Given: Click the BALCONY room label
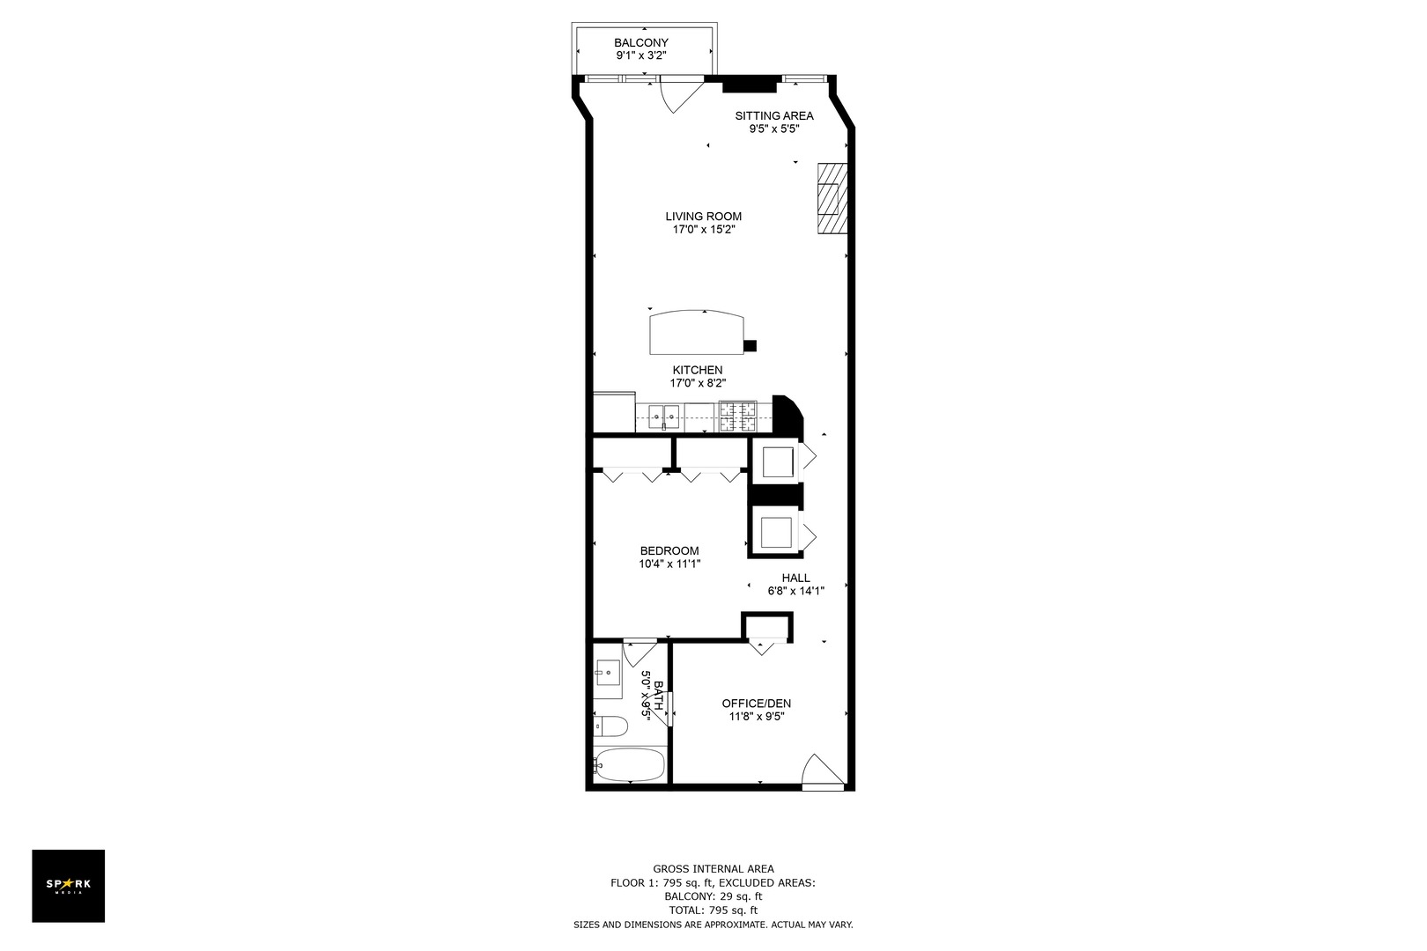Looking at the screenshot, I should tap(640, 42).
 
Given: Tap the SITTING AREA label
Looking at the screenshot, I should tap(774, 115).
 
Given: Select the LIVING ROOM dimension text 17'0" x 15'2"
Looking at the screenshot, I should tap(703, 230).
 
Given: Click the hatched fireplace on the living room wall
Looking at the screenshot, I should tap(832, 199).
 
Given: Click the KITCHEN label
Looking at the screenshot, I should tap(698, 370).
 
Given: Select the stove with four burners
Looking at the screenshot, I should tap(738, 417).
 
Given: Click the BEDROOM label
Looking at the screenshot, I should tap(669, 551).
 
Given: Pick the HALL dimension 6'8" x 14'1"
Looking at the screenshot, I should tap(795, 592).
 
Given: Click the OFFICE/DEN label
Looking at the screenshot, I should tap(757, 704).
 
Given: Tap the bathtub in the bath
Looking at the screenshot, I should tap(629, 764).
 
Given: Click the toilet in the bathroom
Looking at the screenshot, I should tap(611, 727).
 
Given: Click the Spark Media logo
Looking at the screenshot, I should tap(69, 886).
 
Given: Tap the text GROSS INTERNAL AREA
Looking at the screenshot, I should tap(713, 869).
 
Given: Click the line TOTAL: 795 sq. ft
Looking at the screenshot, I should tap(713, 910).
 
